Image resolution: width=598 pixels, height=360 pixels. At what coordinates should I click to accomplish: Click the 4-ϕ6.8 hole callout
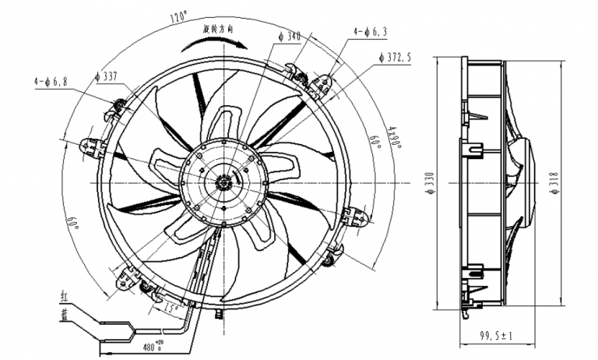tap(51, 80)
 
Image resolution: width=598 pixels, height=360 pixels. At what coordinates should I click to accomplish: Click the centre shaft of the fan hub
tap(223, 182)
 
